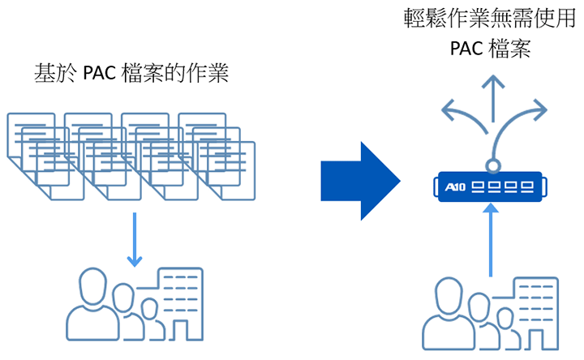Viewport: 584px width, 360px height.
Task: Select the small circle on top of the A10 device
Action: click(491, 166)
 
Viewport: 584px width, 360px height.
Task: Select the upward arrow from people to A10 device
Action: click(491, 243)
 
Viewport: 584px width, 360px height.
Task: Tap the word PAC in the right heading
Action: click(467, 49)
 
